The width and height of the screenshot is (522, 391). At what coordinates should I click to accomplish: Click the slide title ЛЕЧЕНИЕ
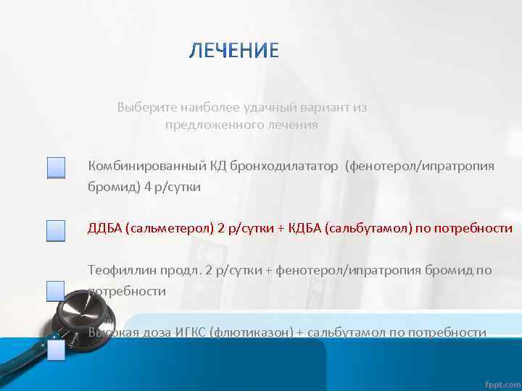(233, 51)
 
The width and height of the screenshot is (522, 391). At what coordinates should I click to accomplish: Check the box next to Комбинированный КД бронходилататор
(56, 168)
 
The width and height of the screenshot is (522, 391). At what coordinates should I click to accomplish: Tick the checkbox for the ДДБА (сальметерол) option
(56, 230)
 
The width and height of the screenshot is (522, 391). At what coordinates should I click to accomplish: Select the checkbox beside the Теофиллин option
(56, 291)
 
